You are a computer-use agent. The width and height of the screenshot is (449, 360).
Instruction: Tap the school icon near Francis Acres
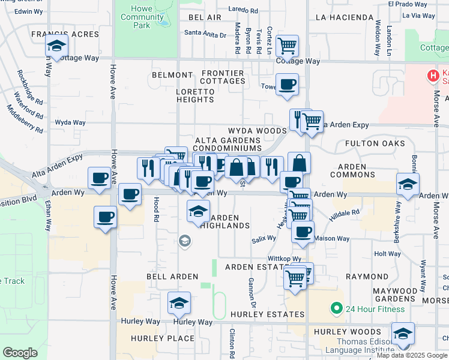pos(56,46)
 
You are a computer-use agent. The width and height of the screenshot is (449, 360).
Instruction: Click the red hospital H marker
pos(431,76)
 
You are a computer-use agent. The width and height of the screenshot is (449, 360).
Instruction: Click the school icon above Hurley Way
pos(179,303)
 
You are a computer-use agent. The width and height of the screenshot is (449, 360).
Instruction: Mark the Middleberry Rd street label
pos(25,119)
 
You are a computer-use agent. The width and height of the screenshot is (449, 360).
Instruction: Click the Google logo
pos(20,353)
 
